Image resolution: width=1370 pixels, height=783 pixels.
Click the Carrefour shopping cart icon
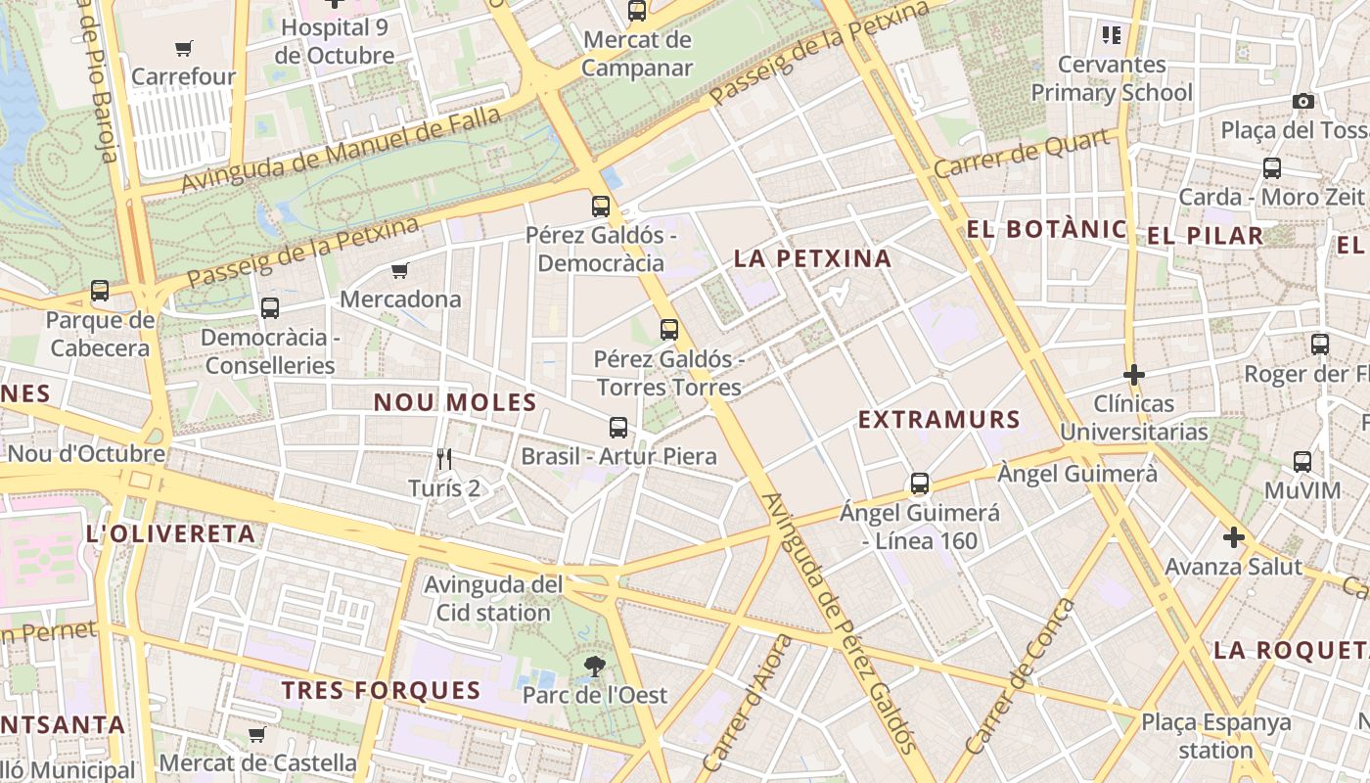[183, 48]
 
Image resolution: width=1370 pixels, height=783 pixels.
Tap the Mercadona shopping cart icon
[399, 271]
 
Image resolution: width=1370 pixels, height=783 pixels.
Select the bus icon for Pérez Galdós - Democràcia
[600, 207]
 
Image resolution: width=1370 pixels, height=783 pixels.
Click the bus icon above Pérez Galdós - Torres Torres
[668, 330]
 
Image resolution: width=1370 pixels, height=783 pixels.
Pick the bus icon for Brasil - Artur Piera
[617, 428]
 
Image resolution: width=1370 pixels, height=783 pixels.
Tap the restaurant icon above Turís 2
[444, 458]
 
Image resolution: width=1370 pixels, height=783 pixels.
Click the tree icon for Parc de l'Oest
[593, 668]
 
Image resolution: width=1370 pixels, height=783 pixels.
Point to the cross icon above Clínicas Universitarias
[1133, 375]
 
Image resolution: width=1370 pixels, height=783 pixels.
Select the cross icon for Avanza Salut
[1233, 537]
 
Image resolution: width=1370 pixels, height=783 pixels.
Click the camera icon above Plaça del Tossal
[1302, 101]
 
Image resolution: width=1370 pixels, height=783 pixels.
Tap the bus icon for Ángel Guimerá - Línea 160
[919, 484]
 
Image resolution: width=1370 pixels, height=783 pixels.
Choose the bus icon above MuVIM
[1301, 462]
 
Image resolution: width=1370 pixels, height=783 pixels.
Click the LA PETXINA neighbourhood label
[812, 258]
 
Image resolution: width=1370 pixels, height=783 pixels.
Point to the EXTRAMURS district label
[938, 420]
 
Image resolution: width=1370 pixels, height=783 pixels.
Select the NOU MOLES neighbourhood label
[455, 402]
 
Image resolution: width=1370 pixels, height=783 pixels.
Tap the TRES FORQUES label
[382, 690]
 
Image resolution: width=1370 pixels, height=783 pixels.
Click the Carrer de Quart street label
[1023, 154]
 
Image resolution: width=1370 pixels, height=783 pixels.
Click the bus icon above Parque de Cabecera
[99, 291]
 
